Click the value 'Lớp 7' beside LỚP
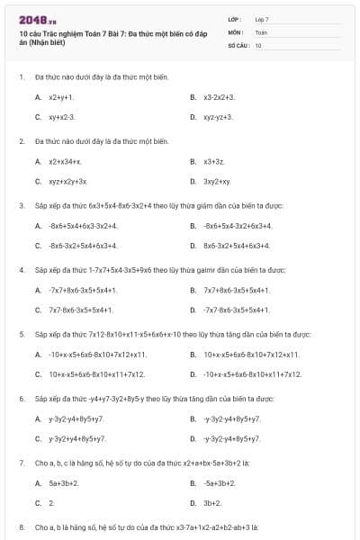tap(262, 19)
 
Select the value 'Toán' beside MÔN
tap(261, 31)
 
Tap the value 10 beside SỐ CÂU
tap(258, 44)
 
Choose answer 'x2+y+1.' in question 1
tap(61, 96)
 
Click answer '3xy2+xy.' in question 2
tap(217, 182)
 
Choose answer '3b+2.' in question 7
tap(212, 503)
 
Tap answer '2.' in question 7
tap(51, 503)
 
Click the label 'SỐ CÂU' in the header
tap(238, 44)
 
